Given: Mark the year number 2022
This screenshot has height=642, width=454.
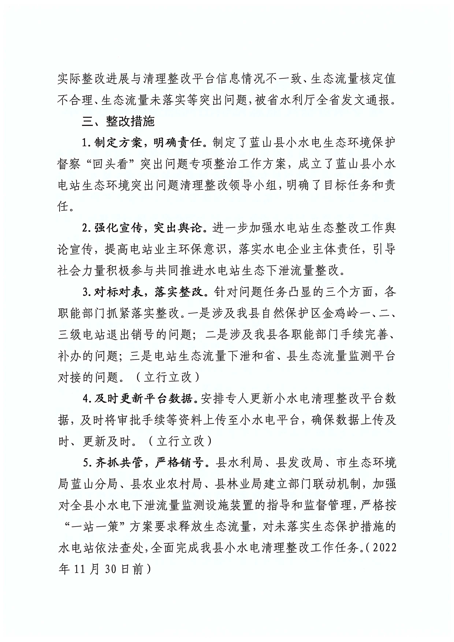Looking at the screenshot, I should click(385, 548).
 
